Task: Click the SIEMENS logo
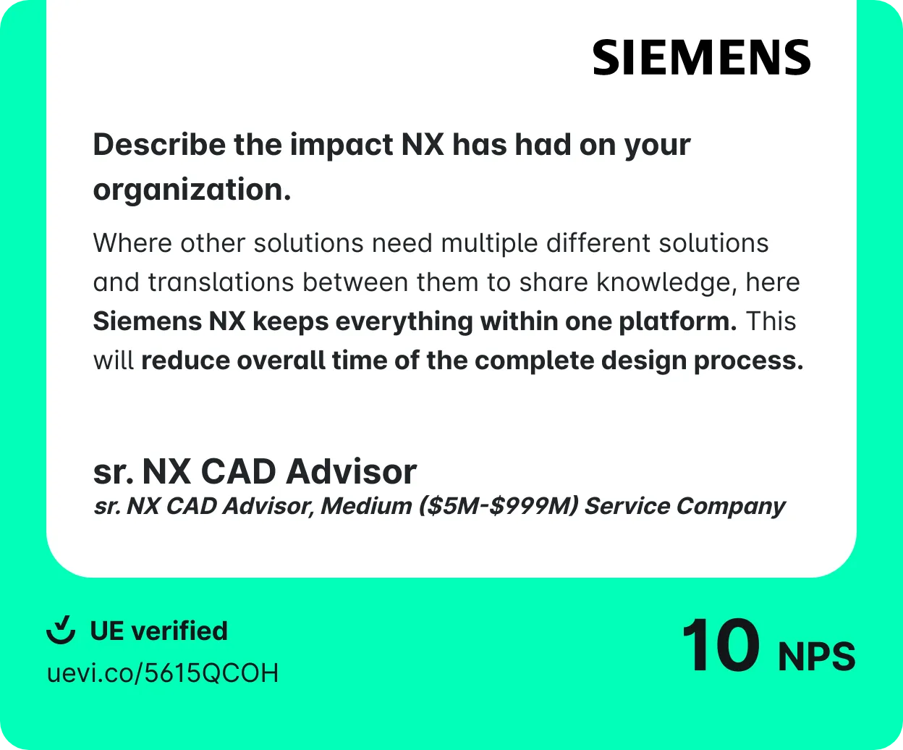pyautogui.click(x=701, y=57)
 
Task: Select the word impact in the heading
pyautogui.click(x=342, y=146)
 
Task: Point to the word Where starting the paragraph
pyautogui.click(x=132, y=243)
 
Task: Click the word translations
pyautogui.click(x=221, y=282)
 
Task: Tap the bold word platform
pyautogui.click(x=677, y=322)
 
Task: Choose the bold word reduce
pyautogui.click(x=185, y=361)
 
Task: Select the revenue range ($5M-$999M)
pyautogui.click(x=499, y=506)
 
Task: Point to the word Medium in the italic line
pyautogui.click(x=366, y=505)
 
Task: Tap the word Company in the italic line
pyautogui.click(x=731, y=507)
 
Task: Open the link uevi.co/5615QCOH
pyautogui.click(x=163, y=673)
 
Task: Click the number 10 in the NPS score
pyautogui.click(x=721, y=645)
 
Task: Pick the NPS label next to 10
pyautogui.click(x=816, y=656)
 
